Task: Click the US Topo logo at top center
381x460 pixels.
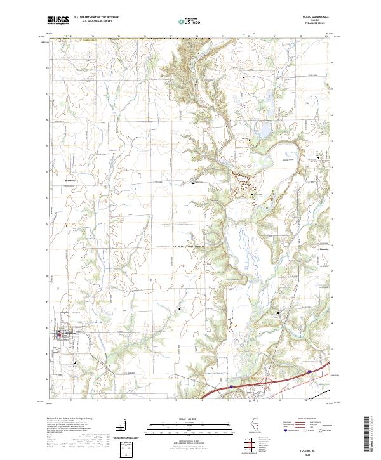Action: coord(190,22)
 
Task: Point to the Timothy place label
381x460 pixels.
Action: coord(323,249)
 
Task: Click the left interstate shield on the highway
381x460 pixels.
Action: coord(231,384)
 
